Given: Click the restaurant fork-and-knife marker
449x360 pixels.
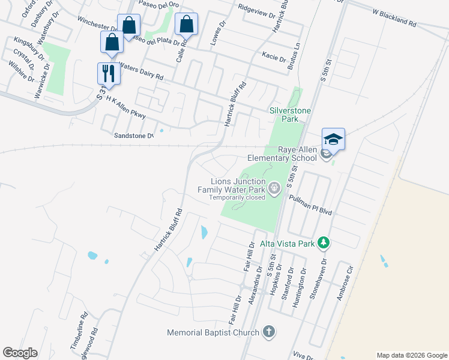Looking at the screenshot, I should tap(109, 74).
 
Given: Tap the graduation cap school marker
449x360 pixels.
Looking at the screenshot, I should tap(333, 140).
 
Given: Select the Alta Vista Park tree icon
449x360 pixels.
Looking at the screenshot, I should tap(324, 243).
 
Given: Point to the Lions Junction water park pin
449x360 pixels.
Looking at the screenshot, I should tap(274, 189).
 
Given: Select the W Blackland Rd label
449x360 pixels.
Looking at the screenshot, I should tap(394, 17).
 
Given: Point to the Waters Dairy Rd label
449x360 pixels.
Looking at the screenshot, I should tap(141, 71).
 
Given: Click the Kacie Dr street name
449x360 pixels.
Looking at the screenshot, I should tap(274, 58).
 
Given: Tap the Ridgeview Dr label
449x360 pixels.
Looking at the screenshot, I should tap(256, 10).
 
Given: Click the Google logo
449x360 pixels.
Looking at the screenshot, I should tap(20, 353).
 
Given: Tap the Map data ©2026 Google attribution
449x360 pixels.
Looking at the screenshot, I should tap(412, 355).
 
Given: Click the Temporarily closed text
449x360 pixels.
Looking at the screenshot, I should tap(237, 197).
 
